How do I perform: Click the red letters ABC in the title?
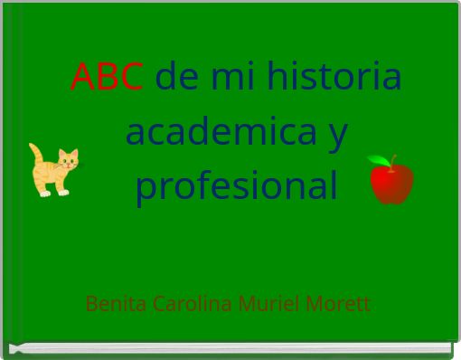(107, 78)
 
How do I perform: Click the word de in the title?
(177, 78)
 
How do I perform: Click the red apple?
(392, 182)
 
